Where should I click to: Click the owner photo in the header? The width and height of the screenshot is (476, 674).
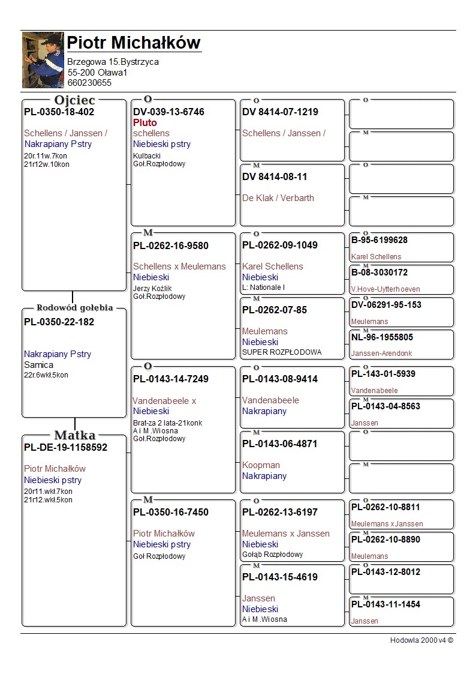click(43, 60)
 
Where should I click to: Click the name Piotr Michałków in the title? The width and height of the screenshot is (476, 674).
click(133, 43)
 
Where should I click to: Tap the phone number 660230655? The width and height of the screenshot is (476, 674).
click(89, 83)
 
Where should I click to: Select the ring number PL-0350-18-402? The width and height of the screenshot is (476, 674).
click(59, 112)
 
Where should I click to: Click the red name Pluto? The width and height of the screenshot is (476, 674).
click(145, 122)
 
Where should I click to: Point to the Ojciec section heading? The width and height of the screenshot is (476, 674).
click(74, 100)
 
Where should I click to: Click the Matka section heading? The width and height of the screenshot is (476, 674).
click(74, 435)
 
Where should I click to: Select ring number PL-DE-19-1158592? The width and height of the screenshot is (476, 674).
click(66, 447)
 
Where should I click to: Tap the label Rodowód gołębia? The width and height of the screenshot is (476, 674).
click(74, 308)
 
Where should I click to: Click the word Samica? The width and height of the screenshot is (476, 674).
click(38, 364)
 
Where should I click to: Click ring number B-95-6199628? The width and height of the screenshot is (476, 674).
click(379, 240)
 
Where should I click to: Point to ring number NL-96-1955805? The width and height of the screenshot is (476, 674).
click(382, 337)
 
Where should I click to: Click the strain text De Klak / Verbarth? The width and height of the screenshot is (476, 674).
click(278, 197)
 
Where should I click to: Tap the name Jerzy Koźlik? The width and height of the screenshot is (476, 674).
click(152, 289)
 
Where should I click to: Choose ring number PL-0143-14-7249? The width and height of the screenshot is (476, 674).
click(171, 379)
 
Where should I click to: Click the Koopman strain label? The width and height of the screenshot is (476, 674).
click(261, 465)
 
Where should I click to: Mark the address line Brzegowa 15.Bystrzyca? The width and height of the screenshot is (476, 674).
click(113, 62)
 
